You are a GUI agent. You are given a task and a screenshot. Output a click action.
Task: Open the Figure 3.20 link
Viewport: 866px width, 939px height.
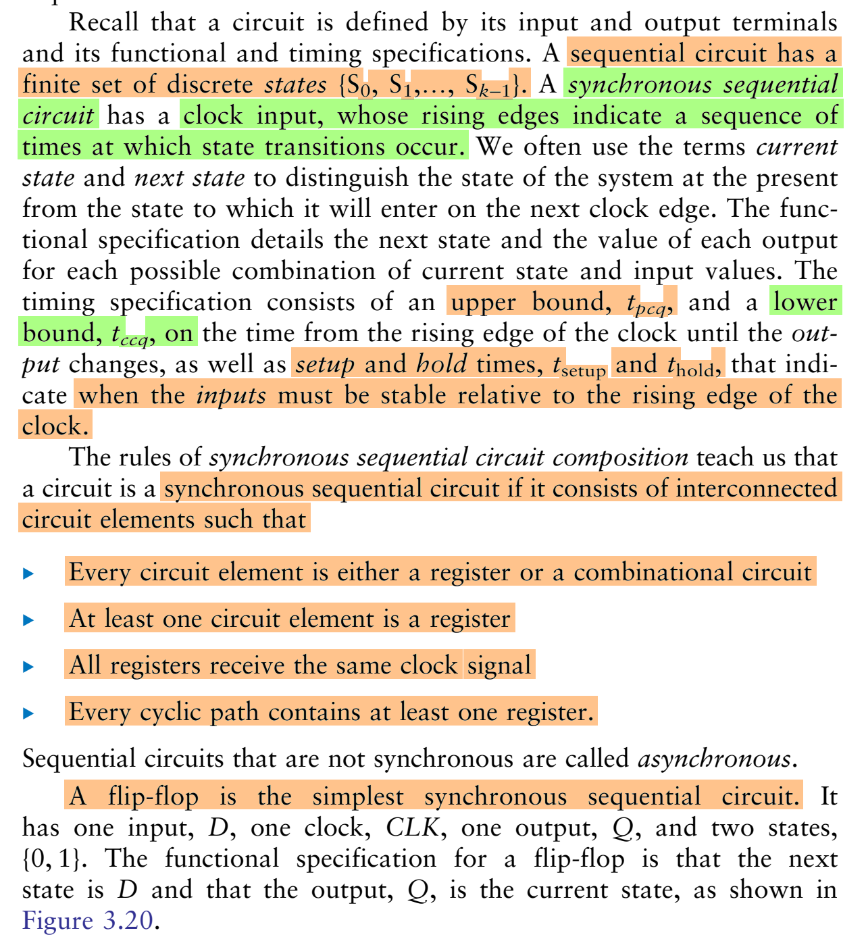coord(88,921)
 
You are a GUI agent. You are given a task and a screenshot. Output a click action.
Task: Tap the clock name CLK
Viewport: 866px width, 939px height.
coord(413,828)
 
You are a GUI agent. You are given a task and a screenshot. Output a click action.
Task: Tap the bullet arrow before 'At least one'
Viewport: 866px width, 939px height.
coord(28,620)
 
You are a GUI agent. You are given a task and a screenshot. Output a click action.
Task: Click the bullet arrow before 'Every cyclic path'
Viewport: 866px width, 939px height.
coord(28,713)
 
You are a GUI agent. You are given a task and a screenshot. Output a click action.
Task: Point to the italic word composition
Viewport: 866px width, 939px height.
coord(620,458)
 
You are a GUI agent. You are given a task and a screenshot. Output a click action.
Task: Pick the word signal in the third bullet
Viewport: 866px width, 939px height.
coord(499,665)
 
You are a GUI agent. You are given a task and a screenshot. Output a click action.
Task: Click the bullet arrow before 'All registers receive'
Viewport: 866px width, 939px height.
coord(28,667)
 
